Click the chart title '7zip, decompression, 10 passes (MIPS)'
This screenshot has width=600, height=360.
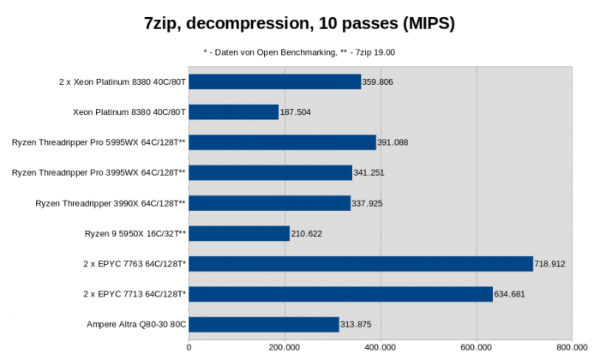click(x=299, y=24)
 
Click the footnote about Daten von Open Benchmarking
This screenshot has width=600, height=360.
click(x=299, y=52)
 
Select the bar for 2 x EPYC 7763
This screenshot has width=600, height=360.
click(x=360, y=263)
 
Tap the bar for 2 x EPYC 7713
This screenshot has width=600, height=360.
click(x=340, y=294)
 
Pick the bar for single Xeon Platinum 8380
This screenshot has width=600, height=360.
click(x=233, y=111)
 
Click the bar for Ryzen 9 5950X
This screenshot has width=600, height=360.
click(x=239, y=233)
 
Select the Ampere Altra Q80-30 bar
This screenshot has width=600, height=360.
click(x=263, y=324)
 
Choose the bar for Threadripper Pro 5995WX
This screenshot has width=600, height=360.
click(x=282, y=142)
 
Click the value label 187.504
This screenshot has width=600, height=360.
click(x=296, y=112)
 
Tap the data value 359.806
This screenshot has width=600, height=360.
click(x=378, y=82)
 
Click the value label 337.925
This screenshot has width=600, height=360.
click(x=368, y=204)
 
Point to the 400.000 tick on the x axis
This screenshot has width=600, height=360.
click(x=380, y=348)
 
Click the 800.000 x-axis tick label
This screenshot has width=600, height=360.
click(x=571, y=348)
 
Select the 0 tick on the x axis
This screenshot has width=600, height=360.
click(x=189, y=348)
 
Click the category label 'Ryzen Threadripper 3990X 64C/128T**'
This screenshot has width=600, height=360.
click(x=111, y=203)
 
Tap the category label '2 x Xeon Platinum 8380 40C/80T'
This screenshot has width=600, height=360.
click(x=123, y=81)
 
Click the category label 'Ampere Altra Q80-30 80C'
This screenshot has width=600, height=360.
click(x=136, y=324)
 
